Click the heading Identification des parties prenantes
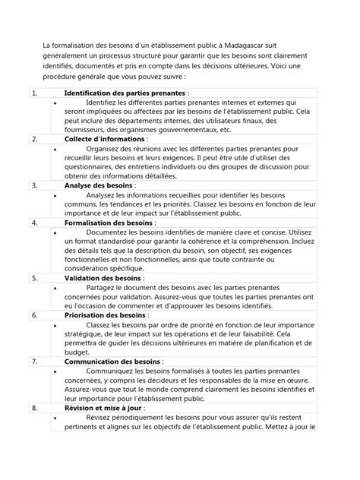(x=110, y=93)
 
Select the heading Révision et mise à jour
(x=94, y=408)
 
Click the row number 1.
(x=33, y=93)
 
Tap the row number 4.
(x=34, y=223)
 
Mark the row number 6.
(x=34, y=314)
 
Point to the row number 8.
(x=34, y=408)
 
